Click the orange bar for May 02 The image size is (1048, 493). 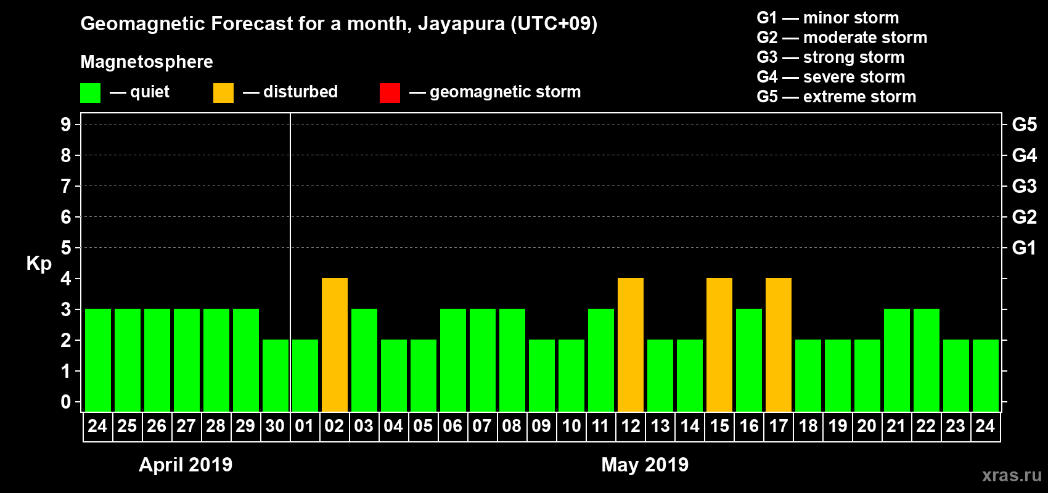(335, 344)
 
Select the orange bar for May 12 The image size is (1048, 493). (631, 344)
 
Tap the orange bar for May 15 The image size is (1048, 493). (719, 344)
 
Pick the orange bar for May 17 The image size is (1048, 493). (779, 344)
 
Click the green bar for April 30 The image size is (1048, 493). (276, 375)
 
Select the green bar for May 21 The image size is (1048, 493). (897, 360)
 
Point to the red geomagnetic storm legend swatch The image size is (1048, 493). (390, 93)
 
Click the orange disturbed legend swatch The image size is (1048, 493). (223, 93)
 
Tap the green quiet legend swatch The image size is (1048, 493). (91, 93)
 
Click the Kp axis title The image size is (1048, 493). (39, 263)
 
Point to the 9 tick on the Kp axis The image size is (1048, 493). (66, 124)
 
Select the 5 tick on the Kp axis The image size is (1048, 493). (66, 248)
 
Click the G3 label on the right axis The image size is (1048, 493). (1024, 186)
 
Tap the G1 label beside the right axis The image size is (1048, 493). (1024, 248)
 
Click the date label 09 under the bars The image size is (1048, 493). (541, 426)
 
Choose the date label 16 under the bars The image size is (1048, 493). (749, 426)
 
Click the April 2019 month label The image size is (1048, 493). (186, 465)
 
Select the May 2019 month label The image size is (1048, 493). (645, 465)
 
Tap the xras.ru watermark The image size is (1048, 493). (1012, 475)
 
